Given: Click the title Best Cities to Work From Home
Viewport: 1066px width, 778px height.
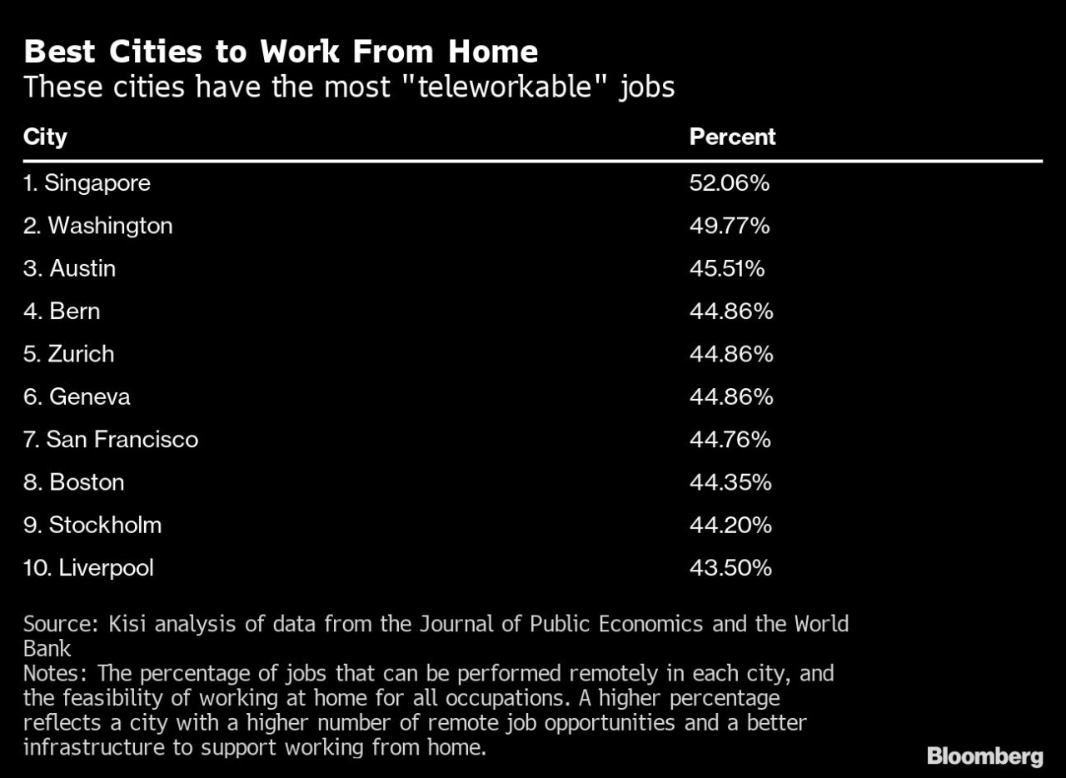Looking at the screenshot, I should [x=281, y=52].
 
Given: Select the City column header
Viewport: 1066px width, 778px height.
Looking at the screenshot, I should [x=45, y=137].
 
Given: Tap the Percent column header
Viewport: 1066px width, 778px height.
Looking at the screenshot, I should [x=732, y=137].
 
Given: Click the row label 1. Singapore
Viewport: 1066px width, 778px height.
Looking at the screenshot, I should [x=87, y=183].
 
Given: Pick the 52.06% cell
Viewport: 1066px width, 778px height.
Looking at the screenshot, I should [x=729, y=183].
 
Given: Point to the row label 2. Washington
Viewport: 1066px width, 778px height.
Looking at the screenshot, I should [x=97, y=226].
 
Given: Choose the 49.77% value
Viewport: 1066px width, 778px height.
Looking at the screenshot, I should [x=729, y=226].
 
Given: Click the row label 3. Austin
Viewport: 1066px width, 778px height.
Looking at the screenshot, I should [x=69, y=268].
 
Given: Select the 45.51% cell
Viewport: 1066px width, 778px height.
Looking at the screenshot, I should [x=726, y=268].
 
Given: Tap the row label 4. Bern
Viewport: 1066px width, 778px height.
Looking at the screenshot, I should [x=62, y=312].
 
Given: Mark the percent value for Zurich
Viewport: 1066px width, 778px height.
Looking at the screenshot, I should [x=730, y=354].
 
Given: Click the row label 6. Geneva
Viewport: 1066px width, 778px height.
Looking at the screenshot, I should [x=77, y=396].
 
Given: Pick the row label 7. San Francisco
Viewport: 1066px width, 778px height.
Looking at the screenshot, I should [x=111, y=439].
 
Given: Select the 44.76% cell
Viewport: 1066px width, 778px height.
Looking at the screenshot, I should [x=730, y=439].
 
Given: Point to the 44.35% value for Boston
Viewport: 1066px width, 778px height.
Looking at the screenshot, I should [x=730, y=482].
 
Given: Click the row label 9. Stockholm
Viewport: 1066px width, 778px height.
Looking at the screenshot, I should [x=92, y=525].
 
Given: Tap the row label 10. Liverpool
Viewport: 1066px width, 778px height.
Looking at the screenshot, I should [x=88, y=568].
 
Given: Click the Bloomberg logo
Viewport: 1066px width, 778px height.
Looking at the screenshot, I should [x=984, y=756].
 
